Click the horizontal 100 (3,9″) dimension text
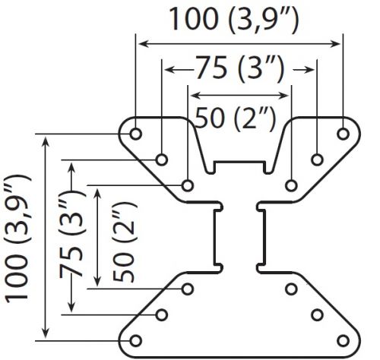(x=233, y=20)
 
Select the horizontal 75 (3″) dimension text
(x=239, y=69)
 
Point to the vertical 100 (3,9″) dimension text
(x=17, y=238)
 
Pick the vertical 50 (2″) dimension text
(x=124, y=242)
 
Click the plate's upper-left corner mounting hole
(x=135, y=134)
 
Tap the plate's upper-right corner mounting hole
(x=344, y=134)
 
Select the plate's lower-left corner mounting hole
(x=135, y=341)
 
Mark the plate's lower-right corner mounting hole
(x=344, y=341)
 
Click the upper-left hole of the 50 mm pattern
(x=188, y=185)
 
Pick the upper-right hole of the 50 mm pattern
(x=291, y=185)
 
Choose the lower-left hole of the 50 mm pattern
(x=188, y=289)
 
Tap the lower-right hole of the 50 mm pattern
(x=291, y=289)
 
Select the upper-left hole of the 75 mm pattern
(x=162, y=159)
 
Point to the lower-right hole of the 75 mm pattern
(x=317, y=315)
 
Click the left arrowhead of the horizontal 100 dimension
(x=144, y=44)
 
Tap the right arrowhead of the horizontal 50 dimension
(x=284, y=96)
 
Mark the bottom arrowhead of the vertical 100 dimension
(x=46, y=333)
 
